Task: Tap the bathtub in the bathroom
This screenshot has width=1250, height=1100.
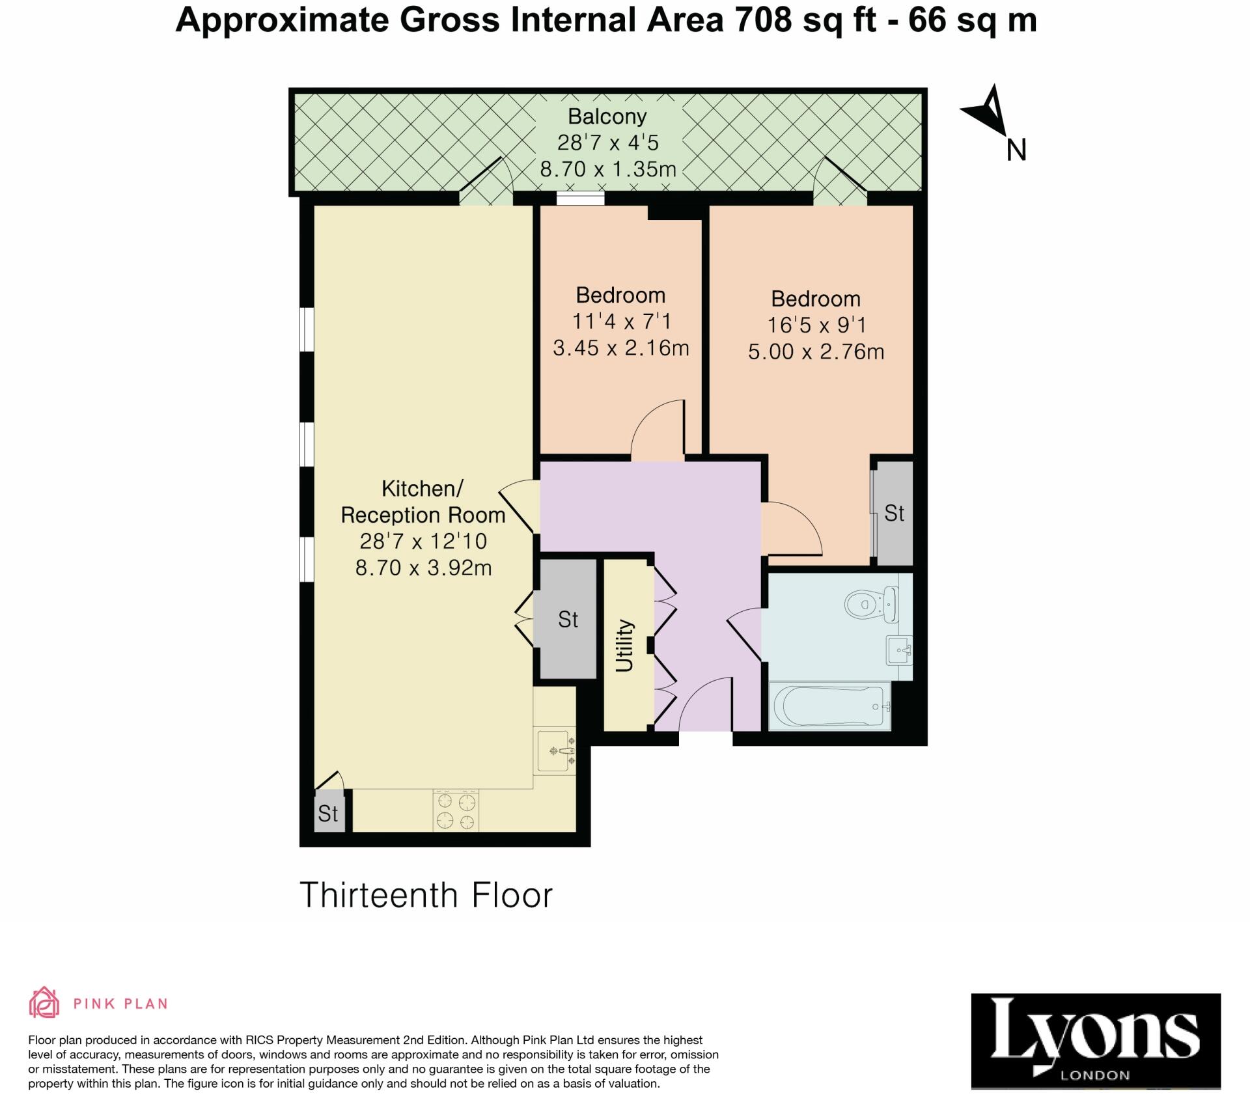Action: coord(829,706)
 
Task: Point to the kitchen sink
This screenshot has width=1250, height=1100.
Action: coord(555,751)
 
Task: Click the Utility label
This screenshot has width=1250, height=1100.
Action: coord(624,645)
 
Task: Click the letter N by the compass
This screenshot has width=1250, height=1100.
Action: coord(1016,150)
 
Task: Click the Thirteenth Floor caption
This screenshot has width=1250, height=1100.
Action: coord(426,895)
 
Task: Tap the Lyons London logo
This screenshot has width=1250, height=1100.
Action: coord(1095,1039)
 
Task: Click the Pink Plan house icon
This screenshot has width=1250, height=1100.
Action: coord(44,1003)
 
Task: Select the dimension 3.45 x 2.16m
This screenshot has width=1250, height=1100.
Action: coord(620,348)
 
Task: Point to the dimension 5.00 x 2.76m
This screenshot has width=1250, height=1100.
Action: coord(815,352)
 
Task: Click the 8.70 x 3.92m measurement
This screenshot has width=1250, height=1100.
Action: coord(423,568)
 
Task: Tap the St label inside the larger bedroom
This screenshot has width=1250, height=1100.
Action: coord(894,514)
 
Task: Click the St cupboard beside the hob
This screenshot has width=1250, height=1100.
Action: coord(328,813)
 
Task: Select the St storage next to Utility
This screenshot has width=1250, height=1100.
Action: coord(567,620)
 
